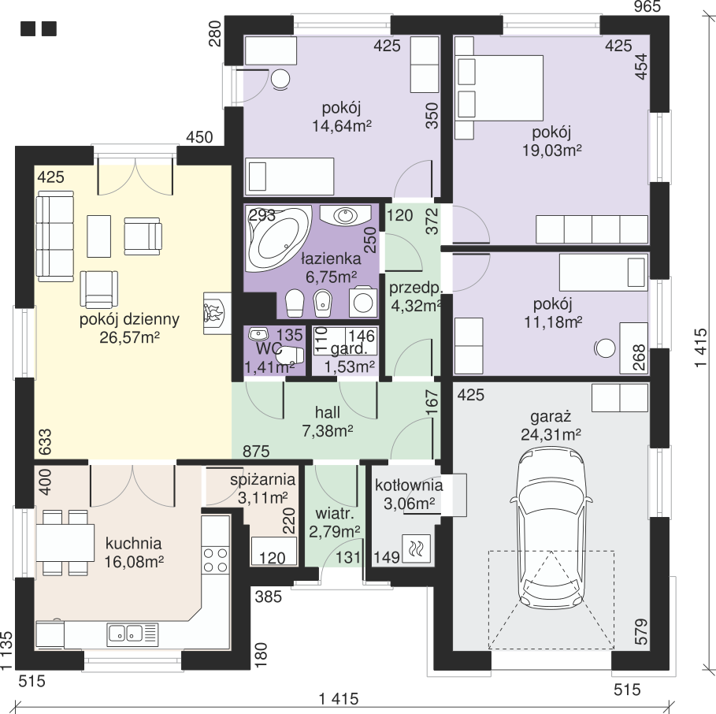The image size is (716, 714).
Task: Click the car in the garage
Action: tap(551, 529)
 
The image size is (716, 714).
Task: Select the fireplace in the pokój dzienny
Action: tap(217, 313)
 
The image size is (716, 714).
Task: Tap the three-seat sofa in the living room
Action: tap(55, 236)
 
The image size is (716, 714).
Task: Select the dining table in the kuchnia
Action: tap(65, 543)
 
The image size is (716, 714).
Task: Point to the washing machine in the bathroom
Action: tap(363, 302)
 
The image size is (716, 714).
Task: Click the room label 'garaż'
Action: tap(551, 417)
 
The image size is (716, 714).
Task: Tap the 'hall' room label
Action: tap(328, 412)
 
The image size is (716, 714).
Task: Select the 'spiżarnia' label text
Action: tap(262, 480)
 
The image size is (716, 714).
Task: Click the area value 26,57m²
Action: tap(130, 337)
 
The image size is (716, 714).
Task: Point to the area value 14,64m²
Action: tap(342, 125)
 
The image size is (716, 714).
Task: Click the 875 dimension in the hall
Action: tap(256, 452)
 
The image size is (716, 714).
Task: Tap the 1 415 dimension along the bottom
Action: tap(339, 698)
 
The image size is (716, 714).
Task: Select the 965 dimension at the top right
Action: tap(647, 6)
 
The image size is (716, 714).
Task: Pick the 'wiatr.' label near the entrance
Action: tap(335, 514)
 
